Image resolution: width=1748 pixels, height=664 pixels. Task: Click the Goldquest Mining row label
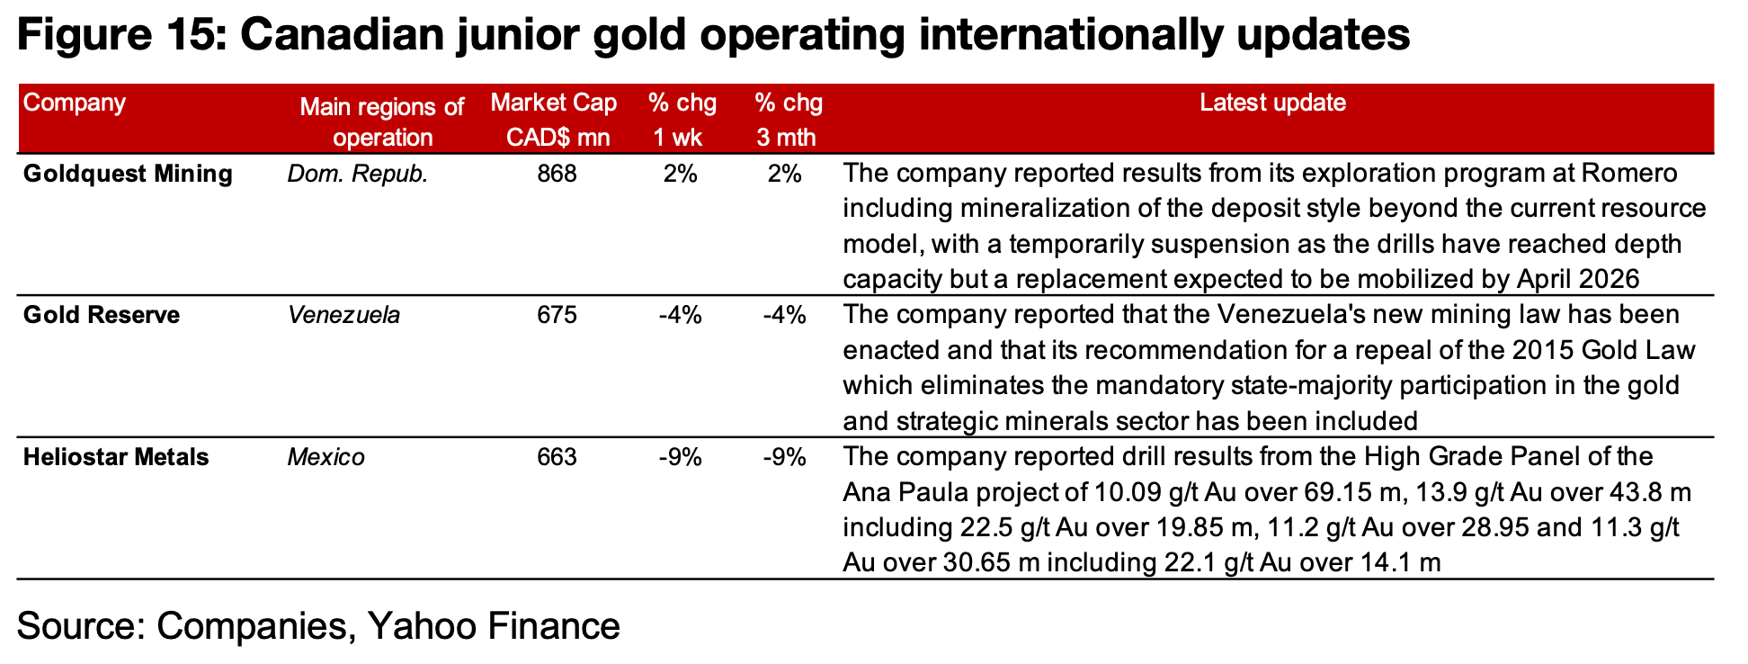pyautogui.click(x=128, y=174)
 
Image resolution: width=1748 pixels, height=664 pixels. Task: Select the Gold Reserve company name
pyautogui.click(x=102, y=316)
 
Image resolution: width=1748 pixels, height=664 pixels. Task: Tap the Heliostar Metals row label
pyautogui.click(x=116, y=458)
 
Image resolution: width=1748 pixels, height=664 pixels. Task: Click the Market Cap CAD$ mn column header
pyautogui.click(x=554, y=120)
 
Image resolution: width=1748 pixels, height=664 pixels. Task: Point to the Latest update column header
pyautogui.click(x=1272, y=103)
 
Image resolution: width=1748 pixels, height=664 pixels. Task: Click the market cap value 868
pyautogui.click(x=557, y=174)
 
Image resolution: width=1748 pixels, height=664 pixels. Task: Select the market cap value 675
pyautogui.click(x=557, y=316)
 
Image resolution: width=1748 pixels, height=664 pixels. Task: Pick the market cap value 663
pyautogui.click(x=557, y=458)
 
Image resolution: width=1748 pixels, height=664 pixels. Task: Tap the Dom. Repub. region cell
pyautogui.click(x=358, y=174)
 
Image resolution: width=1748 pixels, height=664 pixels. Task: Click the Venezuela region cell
pyautogui.click(x=343, y=316)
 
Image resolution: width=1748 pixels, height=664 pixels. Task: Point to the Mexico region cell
pyautogui.click(x=326, y=458)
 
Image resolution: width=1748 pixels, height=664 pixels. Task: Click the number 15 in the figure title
pyautogui.click(x=187, y=36)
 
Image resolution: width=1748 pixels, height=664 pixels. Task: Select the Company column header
pyautogui.click(x=75, y=103)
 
